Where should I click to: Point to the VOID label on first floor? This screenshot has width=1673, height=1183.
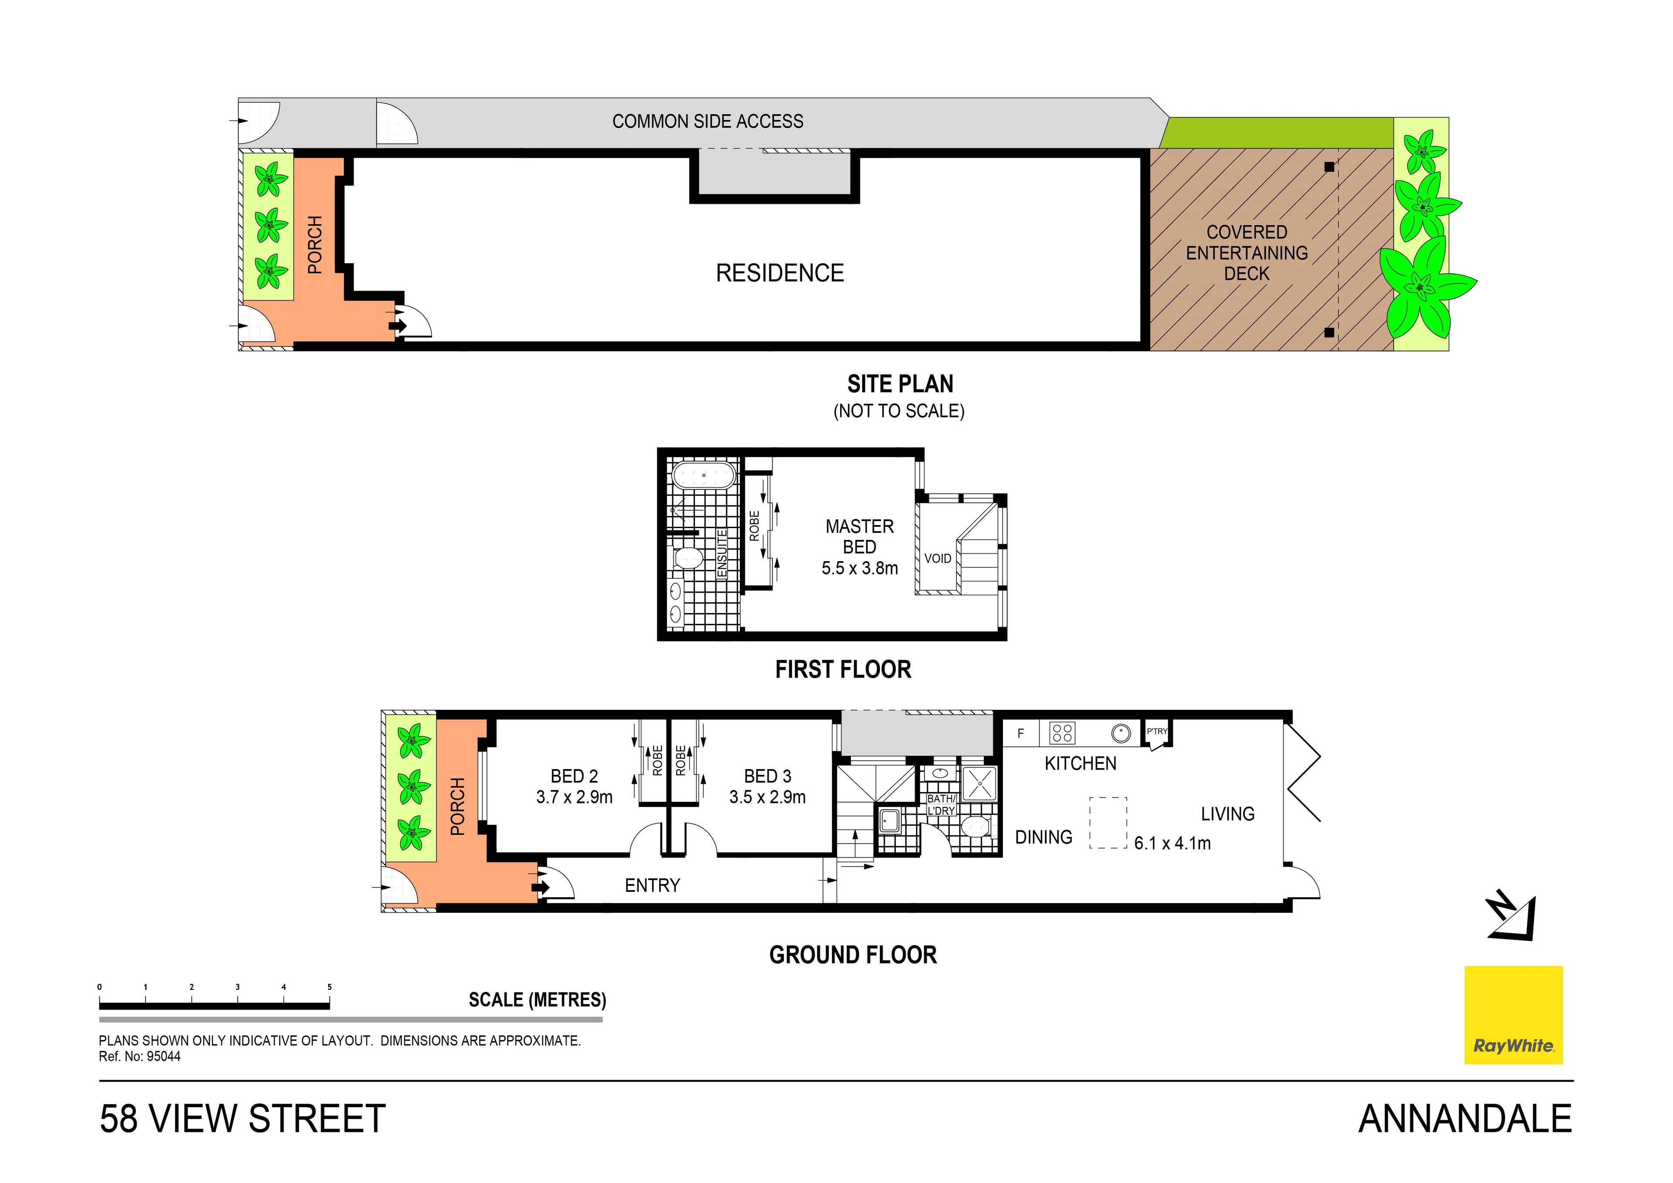tap(937, 558)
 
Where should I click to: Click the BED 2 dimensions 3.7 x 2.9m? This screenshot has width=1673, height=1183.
tap(574, 797)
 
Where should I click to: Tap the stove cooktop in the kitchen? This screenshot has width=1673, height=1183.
tap(1062, 732)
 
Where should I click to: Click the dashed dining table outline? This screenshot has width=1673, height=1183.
tap(1107, 822)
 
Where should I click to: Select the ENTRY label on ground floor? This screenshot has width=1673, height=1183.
tap(652, 885)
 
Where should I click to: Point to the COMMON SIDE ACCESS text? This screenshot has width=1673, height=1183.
tap(708, 121)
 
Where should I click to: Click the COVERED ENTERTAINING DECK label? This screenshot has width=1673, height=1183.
tap(1247, 253)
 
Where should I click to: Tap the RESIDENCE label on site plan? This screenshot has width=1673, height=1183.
tap(780, 273)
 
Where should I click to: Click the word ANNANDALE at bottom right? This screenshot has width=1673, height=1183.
tap(1465, 1119)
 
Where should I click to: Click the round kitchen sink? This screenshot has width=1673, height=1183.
tap(1121, 732)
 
